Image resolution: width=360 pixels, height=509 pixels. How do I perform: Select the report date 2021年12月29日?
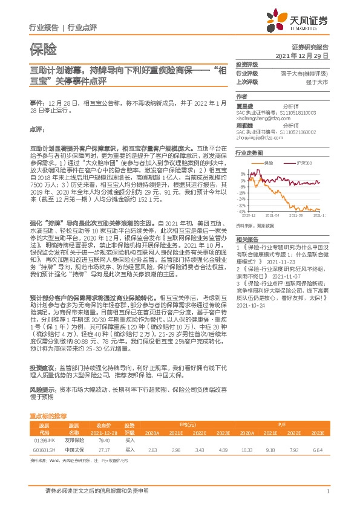[x=302, y=55]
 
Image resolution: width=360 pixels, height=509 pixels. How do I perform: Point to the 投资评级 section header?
[x=246, y=64]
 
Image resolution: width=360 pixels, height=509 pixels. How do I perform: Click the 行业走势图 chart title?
[x=249, y=154]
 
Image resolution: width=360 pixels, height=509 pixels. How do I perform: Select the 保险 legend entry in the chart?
[x=269, y=163]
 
